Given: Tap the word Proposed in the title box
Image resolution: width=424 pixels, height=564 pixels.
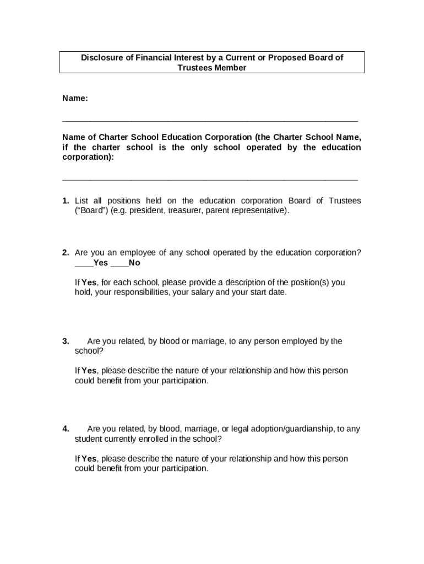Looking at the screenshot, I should [x=287, y=58].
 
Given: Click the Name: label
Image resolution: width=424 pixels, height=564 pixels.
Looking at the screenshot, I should [x=75, y=98].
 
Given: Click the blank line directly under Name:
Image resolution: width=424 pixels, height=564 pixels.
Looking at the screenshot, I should [x=210, y=120].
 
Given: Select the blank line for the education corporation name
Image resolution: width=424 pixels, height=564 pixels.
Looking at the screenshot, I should [x=210, y=180].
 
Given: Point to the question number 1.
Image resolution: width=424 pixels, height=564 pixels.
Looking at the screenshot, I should [x=66, y=200].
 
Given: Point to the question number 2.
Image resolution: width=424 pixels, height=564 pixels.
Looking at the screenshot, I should [x=66, y=252].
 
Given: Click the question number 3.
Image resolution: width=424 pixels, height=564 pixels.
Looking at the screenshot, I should [x=66, y=341].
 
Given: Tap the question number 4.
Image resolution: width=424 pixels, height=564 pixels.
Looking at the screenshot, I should [x=66, y=429].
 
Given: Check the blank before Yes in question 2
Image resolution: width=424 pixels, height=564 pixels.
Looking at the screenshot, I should [x=80, y=263].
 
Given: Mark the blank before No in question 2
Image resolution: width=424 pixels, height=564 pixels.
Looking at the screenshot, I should [x=119, y=263].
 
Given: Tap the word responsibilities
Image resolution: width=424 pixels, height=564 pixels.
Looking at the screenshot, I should [x=142, y=292].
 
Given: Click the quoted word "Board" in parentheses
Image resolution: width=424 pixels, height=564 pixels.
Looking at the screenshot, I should [x=91, y=211].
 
